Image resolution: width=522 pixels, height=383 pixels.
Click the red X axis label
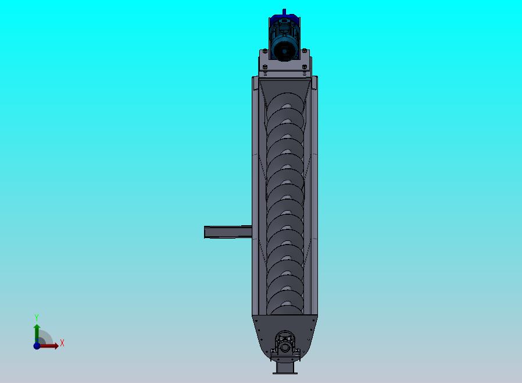62,343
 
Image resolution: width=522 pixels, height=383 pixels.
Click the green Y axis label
37,317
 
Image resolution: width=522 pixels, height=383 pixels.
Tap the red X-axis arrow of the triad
49,346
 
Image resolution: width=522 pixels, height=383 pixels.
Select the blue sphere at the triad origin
37,346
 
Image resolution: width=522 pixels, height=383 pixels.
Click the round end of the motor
284,49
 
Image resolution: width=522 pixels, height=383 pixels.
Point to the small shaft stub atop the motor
284,12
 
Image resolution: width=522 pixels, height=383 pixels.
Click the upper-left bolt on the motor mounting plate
264,51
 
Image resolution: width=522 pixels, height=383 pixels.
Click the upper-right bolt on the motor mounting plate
304,51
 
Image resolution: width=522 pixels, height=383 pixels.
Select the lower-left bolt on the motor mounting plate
264,67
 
